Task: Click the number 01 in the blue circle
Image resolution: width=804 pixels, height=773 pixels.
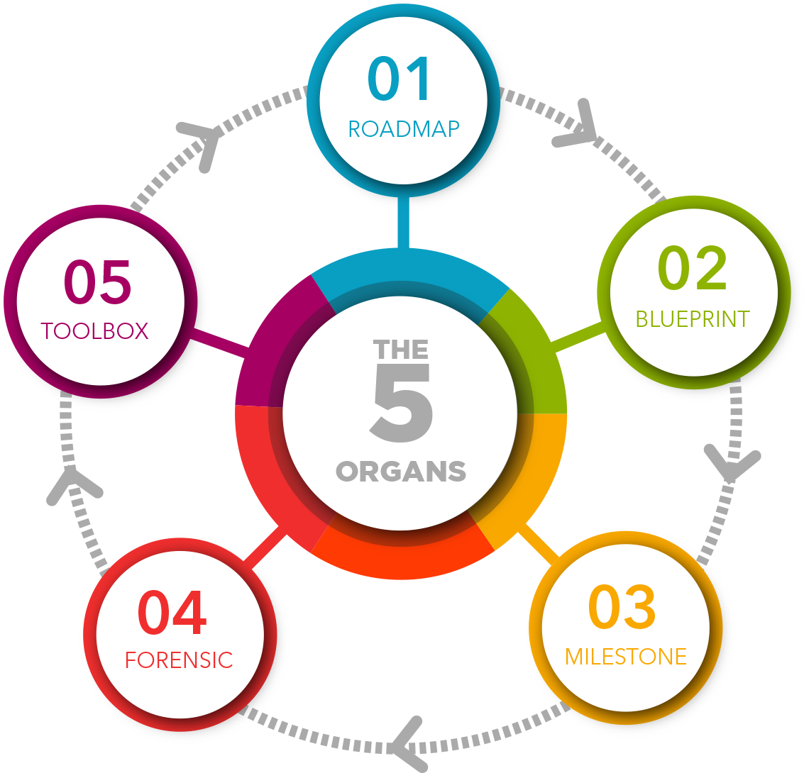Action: pos(400,79)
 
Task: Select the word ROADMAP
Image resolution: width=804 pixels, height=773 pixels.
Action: pos(404,128)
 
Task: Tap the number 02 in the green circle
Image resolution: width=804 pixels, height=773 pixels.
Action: pos(693,269)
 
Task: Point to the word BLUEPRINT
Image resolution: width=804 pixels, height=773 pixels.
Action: pos(693,319)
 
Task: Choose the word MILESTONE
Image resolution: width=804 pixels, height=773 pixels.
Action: pos(626,657)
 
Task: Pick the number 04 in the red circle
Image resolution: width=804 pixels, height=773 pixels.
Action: pos(172,613)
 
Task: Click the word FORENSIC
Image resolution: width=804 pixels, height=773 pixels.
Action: pos(179,660)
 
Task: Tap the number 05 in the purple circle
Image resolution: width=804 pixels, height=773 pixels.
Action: pos(98,282)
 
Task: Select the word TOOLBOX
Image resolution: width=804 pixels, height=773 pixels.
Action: pos(94,331)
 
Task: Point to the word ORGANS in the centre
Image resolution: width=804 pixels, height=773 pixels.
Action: pos(401,472)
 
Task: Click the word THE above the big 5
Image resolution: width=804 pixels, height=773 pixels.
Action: pos(401,350)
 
